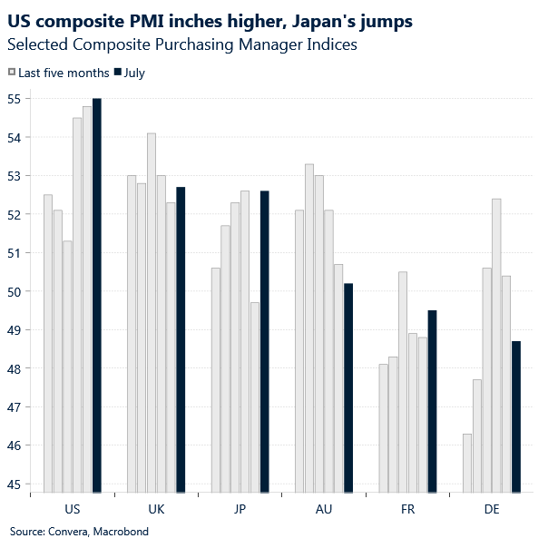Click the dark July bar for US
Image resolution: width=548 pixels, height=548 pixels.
tap(97, 295)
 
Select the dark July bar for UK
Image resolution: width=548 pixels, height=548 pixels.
tap(181, 339)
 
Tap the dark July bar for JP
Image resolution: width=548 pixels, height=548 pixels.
tap(264, 341)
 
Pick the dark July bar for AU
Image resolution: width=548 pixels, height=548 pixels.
tap(348, 387)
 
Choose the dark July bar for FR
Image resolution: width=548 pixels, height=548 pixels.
tap(432, 401)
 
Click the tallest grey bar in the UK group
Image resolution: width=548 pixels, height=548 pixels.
tap(151, 312)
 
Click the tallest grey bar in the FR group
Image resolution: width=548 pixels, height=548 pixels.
tap(403, 382)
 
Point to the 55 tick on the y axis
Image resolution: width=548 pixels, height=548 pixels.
tap(17, 98)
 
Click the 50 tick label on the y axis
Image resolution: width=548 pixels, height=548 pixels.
tap(17, 291)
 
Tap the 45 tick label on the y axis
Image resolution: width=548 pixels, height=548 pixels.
tap(17, 484)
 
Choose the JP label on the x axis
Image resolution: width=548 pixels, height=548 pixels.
tap(240, 510)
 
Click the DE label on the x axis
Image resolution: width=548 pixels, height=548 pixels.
tap(491, 510)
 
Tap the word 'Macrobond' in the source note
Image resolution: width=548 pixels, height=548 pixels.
tap(121, 532)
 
